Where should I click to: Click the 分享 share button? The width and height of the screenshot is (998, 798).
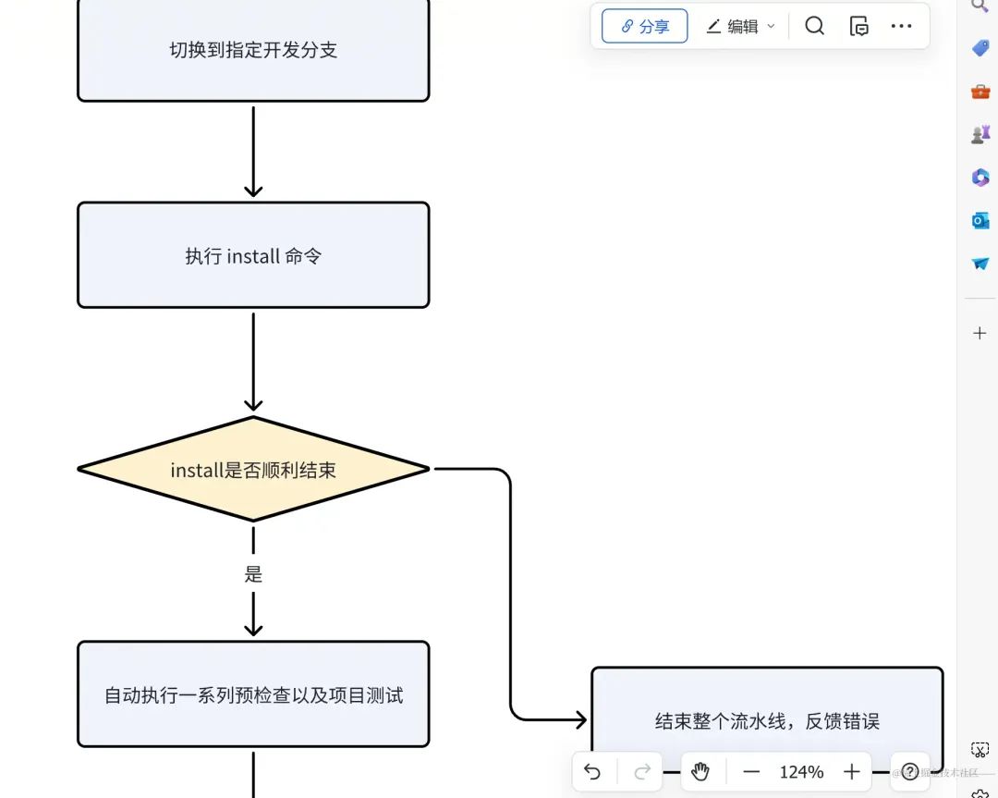coord(644,27)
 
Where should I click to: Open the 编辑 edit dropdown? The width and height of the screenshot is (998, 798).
coord(740,27)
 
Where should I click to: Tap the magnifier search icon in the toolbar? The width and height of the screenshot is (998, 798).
coord(814,26)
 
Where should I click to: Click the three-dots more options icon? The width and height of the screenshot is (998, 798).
coord(901,26)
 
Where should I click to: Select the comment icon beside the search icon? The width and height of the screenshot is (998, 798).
coord(858,26)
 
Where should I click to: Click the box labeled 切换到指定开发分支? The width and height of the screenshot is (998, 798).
coord(253,50)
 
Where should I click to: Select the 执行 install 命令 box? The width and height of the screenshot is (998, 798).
coord(253,255)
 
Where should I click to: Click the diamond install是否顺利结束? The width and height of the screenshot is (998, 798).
coord(253,470)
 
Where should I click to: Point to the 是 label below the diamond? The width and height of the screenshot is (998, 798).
coord(253,574)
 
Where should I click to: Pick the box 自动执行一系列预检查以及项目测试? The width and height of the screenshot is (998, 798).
coord(253,694)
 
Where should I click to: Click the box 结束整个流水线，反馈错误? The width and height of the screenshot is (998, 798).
coord(766,720)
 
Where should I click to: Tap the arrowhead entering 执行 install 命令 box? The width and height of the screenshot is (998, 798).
coord(253,190)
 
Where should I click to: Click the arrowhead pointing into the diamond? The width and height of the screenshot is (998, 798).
coord(253,403)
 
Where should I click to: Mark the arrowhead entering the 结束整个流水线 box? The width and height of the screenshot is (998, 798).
coord(579,719)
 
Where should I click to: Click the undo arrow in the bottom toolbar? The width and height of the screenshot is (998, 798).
coord(593,772)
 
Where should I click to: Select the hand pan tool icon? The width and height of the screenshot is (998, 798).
coord(700,772)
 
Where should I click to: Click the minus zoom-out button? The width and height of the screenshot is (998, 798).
coord(751,772)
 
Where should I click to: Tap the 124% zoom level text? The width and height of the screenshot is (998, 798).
coord(801,772)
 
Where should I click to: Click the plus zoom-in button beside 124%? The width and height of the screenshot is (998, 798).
coord(852,772)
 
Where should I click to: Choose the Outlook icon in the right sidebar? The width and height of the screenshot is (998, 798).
coord(980,220)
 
